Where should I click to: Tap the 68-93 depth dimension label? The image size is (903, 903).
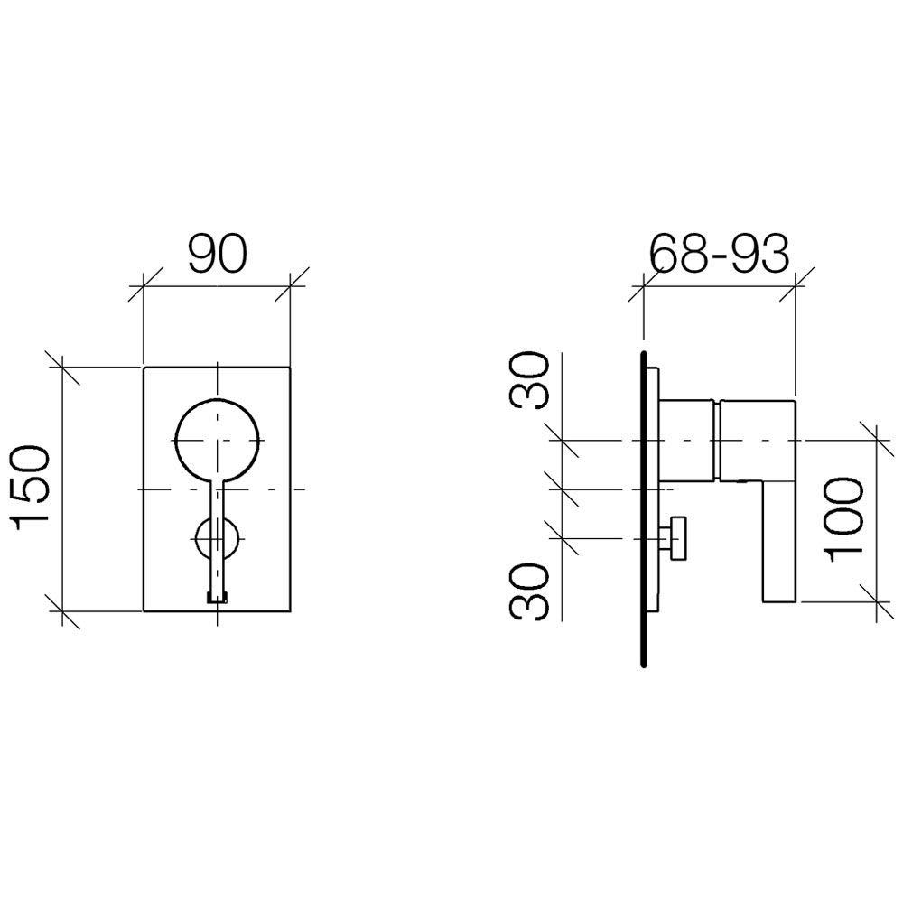click(x=719, y=254)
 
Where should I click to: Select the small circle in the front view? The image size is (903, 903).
click(x=217, y=538)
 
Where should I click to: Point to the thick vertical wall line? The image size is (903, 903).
click(x=643, y=508)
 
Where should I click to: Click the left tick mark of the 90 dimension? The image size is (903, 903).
click(x=143, y=285)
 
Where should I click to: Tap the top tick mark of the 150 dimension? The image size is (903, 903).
click(x=61, y=367)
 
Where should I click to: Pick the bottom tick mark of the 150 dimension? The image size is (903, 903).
click(x=61, y=611)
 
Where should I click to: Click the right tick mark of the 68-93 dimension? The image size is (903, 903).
click(x=796, y=284)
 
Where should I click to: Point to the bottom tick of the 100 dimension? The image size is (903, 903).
click(x=877, y=602)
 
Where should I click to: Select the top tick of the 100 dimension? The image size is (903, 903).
click(x=877, y=441)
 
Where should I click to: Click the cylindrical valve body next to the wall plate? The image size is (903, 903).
click(x=688, y=440)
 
